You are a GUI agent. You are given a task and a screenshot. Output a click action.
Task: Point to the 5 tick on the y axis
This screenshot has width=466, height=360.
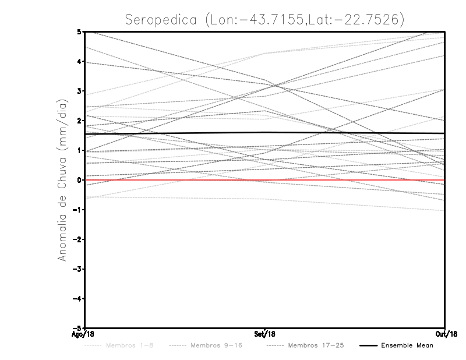click(79, 32)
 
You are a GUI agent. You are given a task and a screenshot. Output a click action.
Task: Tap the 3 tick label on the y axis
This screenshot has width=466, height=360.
click(79, 91)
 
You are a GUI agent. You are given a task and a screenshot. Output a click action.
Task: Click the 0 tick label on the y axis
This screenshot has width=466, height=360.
click(79, 180)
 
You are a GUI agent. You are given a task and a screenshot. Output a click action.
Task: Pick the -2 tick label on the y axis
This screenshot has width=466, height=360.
click(77, 239)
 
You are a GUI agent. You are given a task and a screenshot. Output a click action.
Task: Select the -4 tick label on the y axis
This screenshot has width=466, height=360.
click(77, 298)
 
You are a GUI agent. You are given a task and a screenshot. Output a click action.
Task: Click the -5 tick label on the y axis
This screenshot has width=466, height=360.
click(77, 328)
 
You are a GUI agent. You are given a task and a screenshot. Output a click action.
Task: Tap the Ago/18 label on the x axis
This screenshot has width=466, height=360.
click(83, 334)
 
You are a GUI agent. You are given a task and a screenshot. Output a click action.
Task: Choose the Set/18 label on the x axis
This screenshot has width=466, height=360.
click(265, 334)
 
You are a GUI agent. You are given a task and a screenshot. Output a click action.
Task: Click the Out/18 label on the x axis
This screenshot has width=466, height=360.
click(446, 334)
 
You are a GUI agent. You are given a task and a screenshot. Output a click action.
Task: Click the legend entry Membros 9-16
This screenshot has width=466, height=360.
click(216, 346)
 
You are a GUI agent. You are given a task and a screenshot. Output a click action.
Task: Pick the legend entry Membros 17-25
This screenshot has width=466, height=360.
click(316, 346)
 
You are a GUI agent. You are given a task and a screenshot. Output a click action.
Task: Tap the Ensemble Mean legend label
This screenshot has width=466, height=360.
click(408, 346)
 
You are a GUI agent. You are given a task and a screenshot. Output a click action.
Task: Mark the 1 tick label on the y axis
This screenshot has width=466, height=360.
click(79, 150)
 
